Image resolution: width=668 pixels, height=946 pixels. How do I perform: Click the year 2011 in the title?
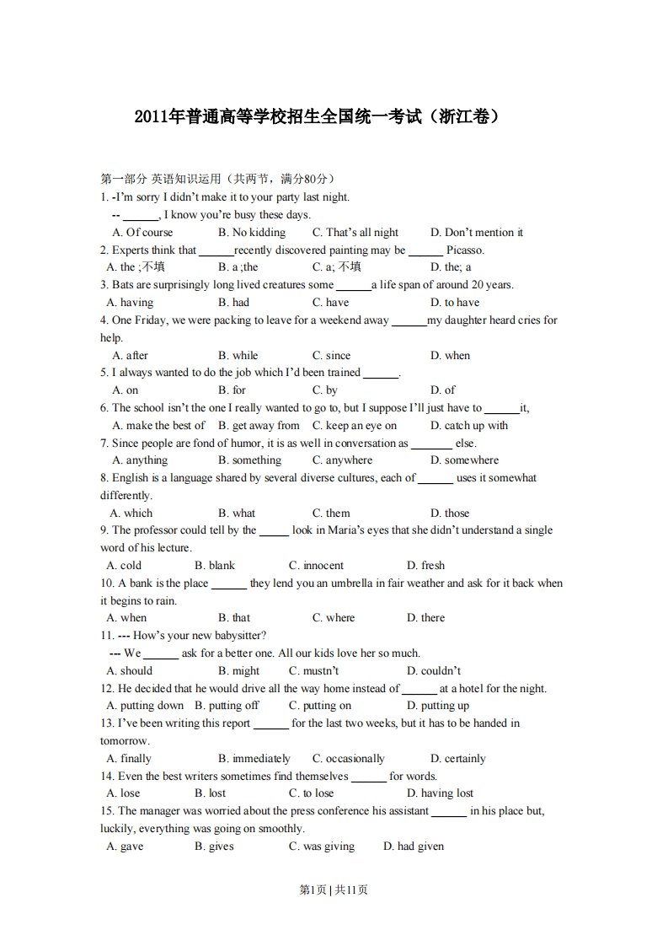[151, 116]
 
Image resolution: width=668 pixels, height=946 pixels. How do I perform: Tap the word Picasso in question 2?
[465, 250]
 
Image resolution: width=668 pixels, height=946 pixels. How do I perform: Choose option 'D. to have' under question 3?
[455, 303]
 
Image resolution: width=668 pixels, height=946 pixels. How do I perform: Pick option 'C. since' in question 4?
[331, 356]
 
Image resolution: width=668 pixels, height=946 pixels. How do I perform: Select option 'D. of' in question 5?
[443, 390]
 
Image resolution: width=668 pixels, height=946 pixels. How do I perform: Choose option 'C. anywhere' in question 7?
[342, 460]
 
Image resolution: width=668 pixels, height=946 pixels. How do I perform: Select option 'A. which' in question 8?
[131, 513]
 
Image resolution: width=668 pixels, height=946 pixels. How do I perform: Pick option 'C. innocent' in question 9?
[316, 566]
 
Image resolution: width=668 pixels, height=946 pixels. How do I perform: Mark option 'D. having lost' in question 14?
[440, 793]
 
